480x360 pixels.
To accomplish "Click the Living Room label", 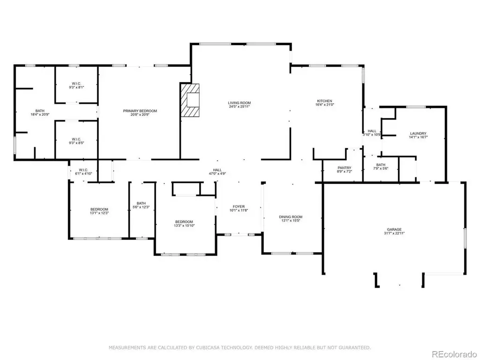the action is tap(240, 103).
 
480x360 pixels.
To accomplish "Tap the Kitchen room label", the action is tap(324, 101).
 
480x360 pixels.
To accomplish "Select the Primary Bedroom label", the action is tap(140, 111).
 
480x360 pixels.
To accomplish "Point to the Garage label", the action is tap(394, 229).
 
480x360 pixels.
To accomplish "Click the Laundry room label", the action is tap(418, 134).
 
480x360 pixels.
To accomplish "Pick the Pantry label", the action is tap(345, 168).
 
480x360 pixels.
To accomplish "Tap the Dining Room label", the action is tap(291, 217).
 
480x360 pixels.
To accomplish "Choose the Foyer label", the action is tap(239, 207).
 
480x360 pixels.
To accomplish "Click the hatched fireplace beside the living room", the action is tap(190, 100).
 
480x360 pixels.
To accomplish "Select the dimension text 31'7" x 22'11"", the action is tap(394, 233).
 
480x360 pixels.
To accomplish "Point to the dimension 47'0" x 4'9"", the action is tap(217, 173).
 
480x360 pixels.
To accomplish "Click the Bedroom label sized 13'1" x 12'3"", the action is tap(99, 210).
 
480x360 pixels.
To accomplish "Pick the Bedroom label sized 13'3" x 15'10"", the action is tap(184, 222).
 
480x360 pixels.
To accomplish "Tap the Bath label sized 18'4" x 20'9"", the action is tap(40, 111).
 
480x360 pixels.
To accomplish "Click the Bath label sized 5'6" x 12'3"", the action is tap(141, 203).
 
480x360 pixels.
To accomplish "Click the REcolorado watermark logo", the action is tap(454, 354).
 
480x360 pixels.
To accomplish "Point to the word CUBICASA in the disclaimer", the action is tap(208, 347).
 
